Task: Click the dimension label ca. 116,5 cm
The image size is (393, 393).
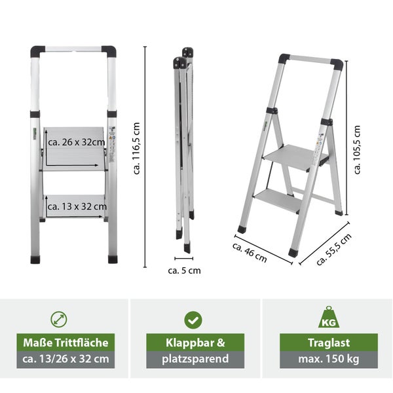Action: (x=136, y=149)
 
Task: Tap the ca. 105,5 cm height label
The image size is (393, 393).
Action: (x=356, y=149)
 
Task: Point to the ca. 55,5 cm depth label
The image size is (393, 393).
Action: (x=334, y=250)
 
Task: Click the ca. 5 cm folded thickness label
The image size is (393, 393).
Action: (x=184, y=271)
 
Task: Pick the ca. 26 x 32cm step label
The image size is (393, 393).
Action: (x=77, y=142)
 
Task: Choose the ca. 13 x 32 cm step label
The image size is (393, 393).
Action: (x=77, y=206)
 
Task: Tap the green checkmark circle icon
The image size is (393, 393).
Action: (x=193, y=320)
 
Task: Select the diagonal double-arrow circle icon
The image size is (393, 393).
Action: (x=59, y=320)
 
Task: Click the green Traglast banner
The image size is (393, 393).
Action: (x=329, y=342)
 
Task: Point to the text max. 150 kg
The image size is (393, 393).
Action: (x=329, y=359)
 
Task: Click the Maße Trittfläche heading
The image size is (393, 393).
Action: (x=65, y=343)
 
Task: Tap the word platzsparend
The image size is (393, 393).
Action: (x=195, y=359)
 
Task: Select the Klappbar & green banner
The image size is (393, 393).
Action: (x=195, y=342)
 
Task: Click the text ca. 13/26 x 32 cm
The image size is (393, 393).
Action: (x=65, y=359)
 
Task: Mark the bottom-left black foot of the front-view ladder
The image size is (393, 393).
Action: (x=35, y=259)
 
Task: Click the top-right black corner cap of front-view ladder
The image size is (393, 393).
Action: (x=110, y=52)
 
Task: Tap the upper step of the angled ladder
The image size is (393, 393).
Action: (x=295, y=157)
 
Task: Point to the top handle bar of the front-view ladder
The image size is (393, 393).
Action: (x=73, y=49)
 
